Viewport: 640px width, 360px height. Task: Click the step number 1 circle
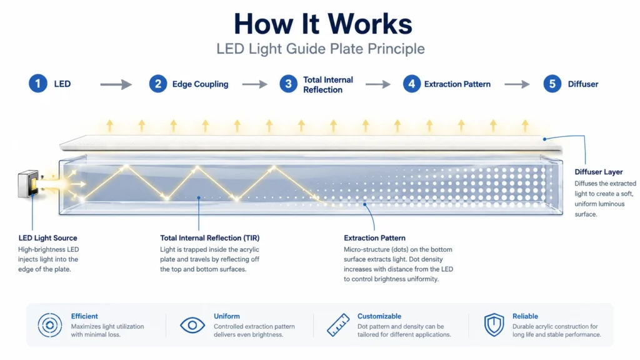[38, 84]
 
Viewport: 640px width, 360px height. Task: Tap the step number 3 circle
[289, 84]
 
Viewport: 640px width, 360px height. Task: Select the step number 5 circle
[552, 84]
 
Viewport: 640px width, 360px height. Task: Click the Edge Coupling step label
[200, 84]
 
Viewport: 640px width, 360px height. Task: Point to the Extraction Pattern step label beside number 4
[457, 84]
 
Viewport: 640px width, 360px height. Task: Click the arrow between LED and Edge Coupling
[116, 84]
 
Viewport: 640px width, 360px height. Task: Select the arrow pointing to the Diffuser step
[517, 84]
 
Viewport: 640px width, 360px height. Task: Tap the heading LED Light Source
[47, 238]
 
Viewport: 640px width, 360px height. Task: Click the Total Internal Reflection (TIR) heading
[210, 238]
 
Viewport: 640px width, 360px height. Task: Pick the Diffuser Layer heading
[599, 172]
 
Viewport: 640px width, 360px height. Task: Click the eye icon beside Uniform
[192, 325]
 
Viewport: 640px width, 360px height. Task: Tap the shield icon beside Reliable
[494, 325]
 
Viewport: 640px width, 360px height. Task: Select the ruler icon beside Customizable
[338, 325]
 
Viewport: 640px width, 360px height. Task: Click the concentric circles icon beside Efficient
[50, 325]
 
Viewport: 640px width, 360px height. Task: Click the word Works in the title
[370, 24]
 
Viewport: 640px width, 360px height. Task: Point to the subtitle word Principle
[396, 49]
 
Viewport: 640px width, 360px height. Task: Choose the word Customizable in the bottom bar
[379, 316]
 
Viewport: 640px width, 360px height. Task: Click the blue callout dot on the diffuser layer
[544, 139]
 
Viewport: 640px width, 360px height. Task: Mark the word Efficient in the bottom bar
[84, 316]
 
